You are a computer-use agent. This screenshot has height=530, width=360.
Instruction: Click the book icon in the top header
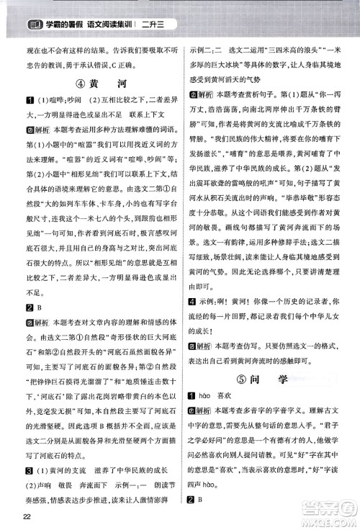tap(33, 9)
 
